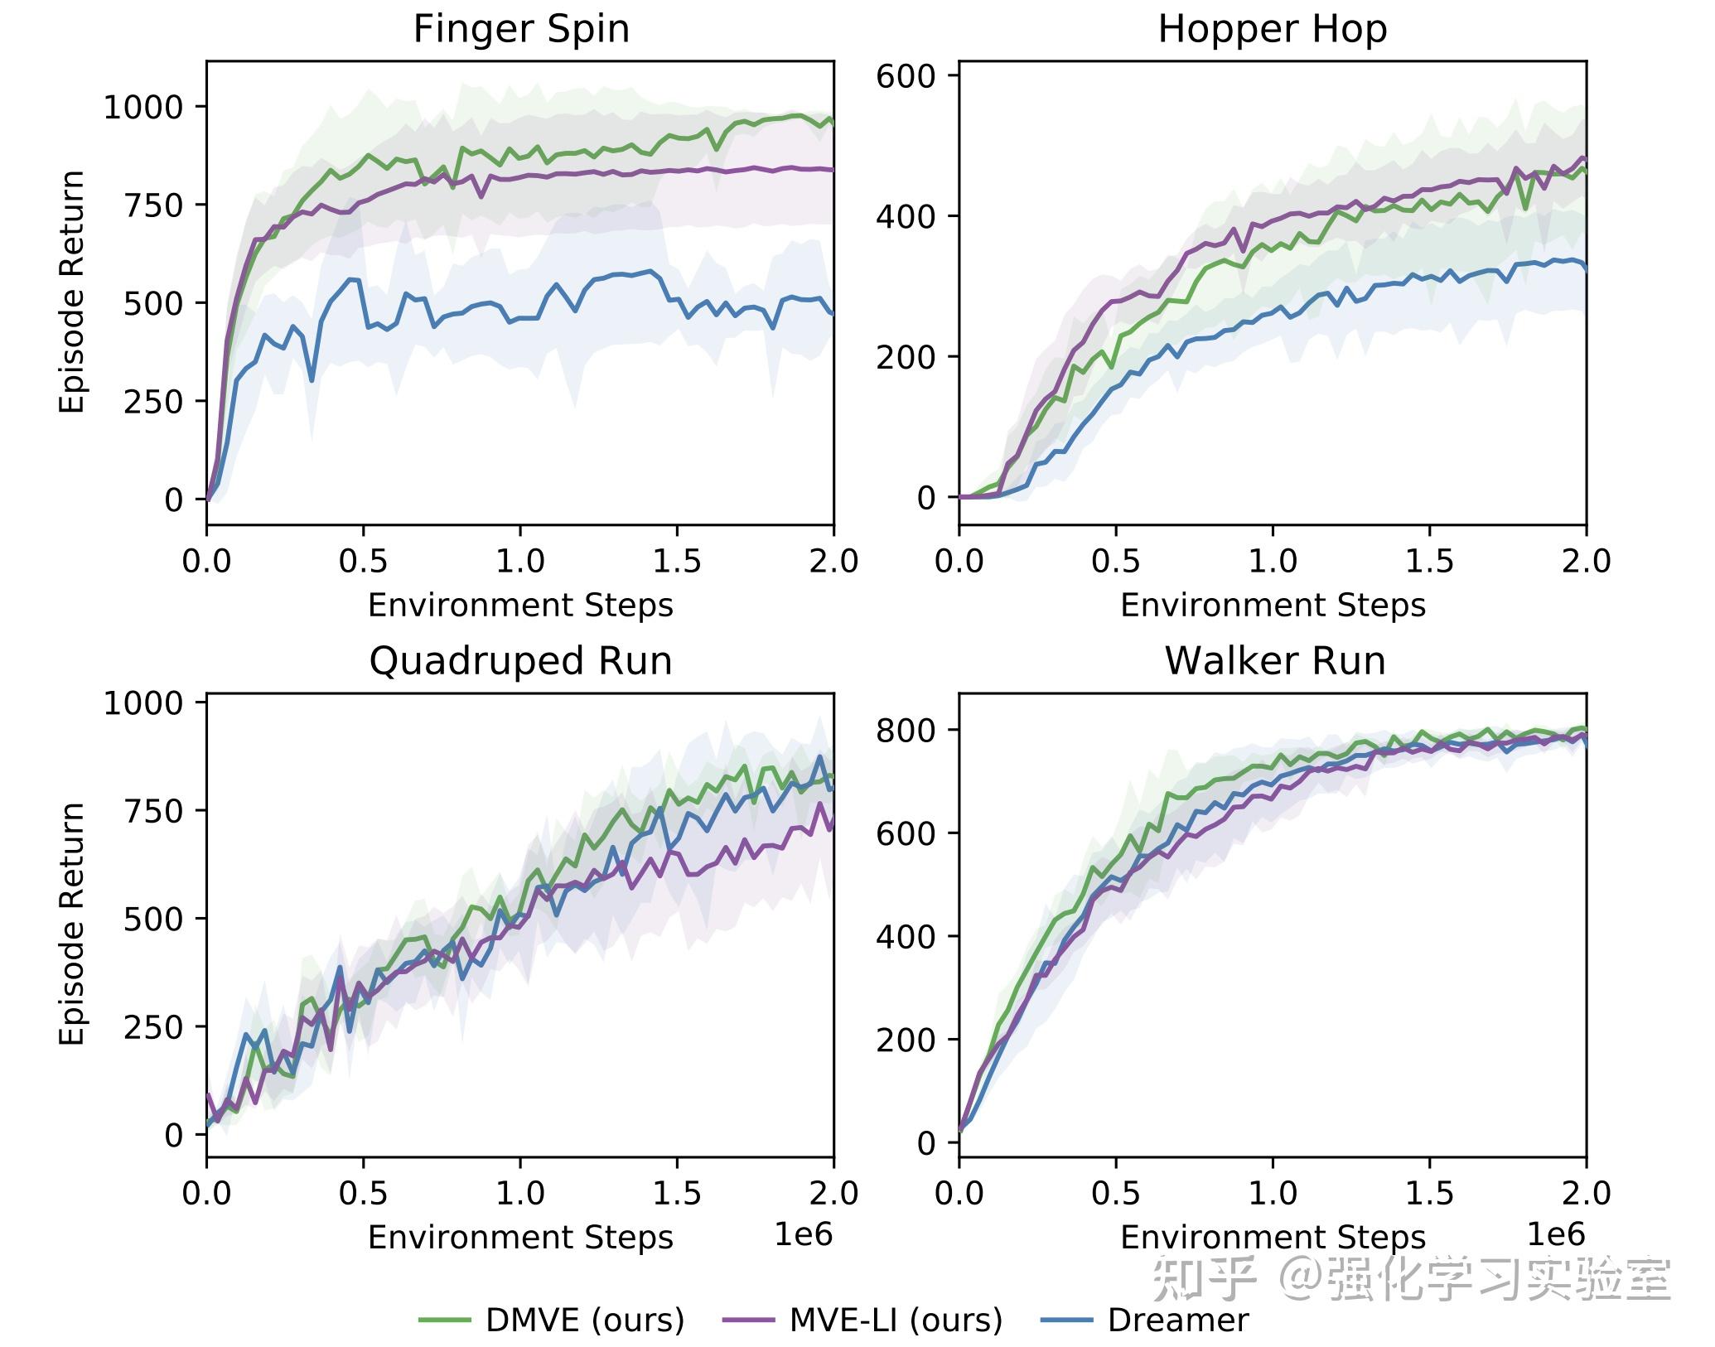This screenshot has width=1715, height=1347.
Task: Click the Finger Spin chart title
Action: pos(521,30)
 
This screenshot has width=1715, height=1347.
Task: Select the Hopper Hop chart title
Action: pos(1272,30)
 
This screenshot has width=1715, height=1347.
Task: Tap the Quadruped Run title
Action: pos(520,661)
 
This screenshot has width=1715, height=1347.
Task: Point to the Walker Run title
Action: pos(1274,661)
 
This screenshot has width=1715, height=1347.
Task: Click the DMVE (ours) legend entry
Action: pos(584,1320)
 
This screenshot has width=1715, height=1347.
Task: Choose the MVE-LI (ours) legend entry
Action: pos(895,1320)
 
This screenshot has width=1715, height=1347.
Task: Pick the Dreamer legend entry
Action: pos(1177,1320)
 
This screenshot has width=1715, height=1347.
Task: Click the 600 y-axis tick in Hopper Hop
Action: pos(906,76)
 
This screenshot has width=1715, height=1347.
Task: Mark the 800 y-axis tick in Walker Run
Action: pos(906,730)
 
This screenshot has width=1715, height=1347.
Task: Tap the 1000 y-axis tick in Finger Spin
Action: pos(143,107)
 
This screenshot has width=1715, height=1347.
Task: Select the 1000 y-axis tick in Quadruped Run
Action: pos(143,703)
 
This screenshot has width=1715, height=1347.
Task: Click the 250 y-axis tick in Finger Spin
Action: pos(153,402)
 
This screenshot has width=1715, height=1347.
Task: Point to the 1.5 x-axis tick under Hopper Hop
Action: pos(1429,561)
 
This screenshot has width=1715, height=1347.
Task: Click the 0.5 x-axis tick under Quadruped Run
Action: pos(363,1193)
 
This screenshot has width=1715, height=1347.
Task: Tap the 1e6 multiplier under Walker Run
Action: pos(1555,1234)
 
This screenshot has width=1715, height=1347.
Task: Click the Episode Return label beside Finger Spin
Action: pos(72,292)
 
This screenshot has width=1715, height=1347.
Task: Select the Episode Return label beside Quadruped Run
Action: pos(72,923)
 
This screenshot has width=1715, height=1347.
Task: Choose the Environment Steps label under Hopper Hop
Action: pos(1273,606)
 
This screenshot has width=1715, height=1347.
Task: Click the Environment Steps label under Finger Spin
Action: pos(520,606)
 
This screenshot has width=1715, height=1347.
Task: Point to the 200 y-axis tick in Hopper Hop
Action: pos(906,357)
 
